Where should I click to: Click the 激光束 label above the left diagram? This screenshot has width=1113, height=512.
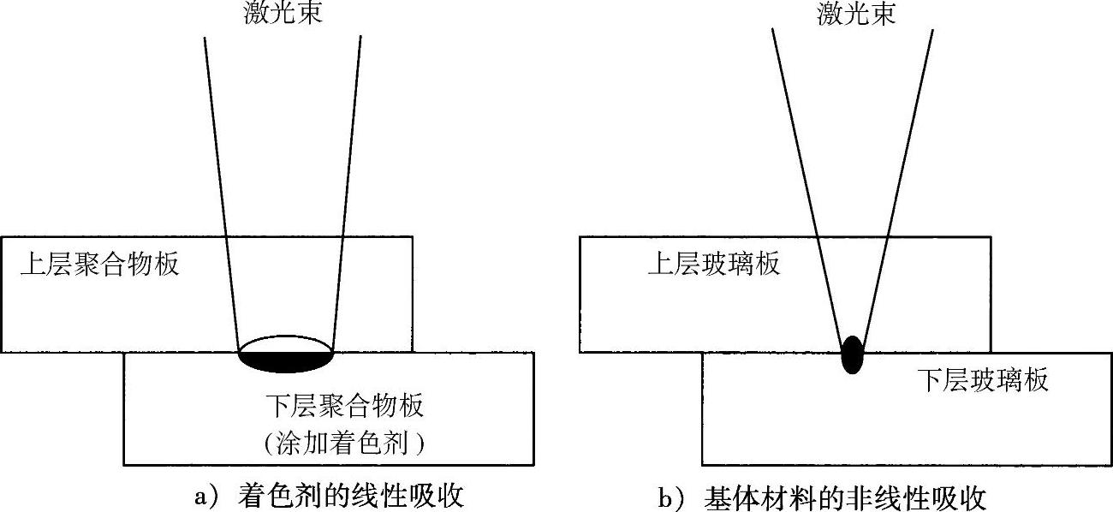click(x=283, y=14)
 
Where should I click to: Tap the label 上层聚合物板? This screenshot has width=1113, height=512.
click(x=100, y=264)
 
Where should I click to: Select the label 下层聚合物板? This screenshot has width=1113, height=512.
click(x=344, y=403)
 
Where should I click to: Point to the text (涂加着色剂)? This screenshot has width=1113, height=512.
click(x=345, y=444)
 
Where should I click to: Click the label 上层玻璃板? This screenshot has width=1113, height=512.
click(x=713, y=264)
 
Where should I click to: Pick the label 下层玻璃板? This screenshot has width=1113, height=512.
click(x=982, y=379)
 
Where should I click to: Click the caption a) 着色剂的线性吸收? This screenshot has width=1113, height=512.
click(x=330, y=497)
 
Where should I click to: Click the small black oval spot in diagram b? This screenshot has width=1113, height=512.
click(x=852, y=354)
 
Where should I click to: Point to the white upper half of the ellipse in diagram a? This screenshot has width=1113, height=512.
click(x=285, y=342)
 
